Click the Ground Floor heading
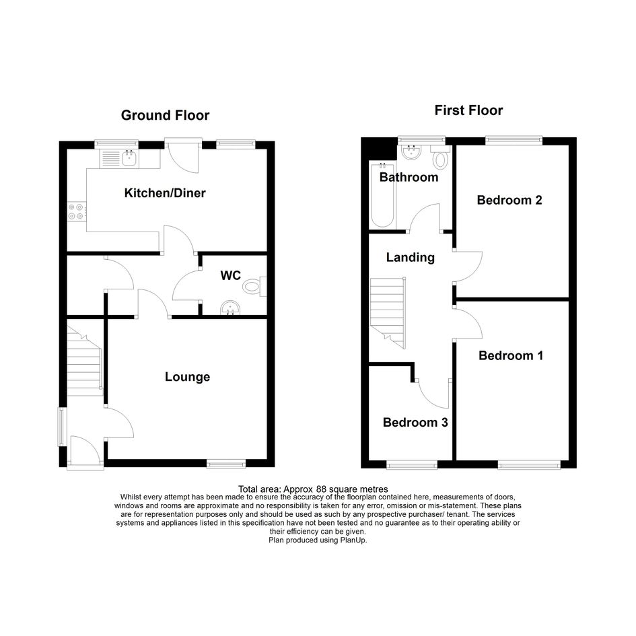click(x=165, y=115)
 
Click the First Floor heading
click(x=468, y=110)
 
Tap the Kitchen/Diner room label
click(x=165, y=192)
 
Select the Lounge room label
click(x=187, y=377)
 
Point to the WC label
click(x=231, y=275)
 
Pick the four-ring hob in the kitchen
click(x=76, y=211)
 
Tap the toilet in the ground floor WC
click(x=254, y=287)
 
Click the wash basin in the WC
click(x=231, y=308)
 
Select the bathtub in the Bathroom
click(x=382, y=195)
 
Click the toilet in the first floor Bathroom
click(x=440, y=157)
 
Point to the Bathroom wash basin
click(x=411, y=152)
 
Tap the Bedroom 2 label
click(x=509, y=200)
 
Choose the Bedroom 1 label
click(x=511, y=355)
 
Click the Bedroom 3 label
click(x=415, y=422)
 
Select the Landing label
click(x=410, y=257)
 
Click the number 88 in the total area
click(x=321, y=489)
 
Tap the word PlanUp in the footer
click(x=353, y=540)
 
